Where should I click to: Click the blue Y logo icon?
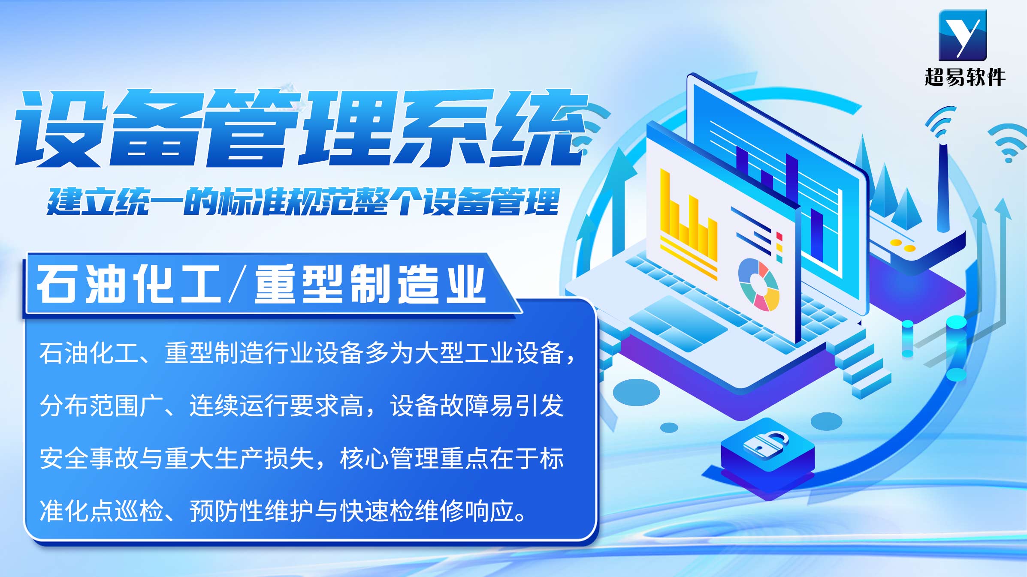963,35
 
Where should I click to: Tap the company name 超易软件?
965,77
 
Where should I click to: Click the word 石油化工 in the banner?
128,284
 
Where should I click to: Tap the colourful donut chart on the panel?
758,284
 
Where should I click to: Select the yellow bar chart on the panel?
688,225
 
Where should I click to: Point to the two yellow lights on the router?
902,245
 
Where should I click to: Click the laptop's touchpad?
678,324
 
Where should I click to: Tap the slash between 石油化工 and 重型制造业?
238,284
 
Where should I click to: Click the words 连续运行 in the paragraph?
239,406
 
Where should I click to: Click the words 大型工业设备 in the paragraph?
489,353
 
